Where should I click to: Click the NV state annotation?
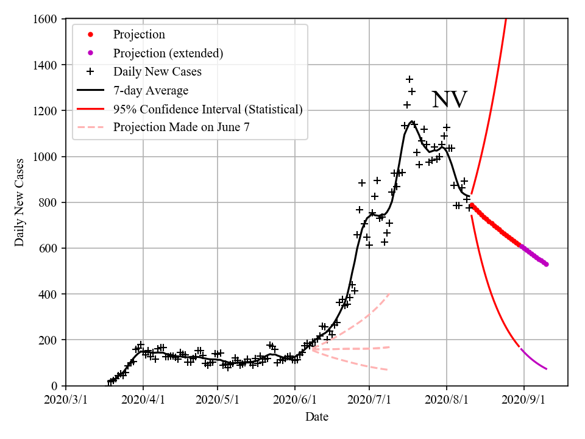[x=449, y=100]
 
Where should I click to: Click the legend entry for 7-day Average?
[x=151, y=91]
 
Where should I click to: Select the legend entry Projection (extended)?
[x=168, y=53]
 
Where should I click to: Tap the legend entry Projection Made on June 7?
[x=182, y=128]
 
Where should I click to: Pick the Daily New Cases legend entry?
[x=157, y=72]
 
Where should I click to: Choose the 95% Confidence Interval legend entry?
[x=207, y=110]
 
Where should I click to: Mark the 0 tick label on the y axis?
[x=55, y=386]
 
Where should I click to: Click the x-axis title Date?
[x=317, y=418]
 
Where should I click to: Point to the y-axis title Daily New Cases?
[x=20, y=202]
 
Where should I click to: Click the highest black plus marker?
[x=409, y=79]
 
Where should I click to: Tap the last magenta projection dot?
[x=546, y=264]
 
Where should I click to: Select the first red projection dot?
[x=472, y=205]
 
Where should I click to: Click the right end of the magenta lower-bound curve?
[x=546, y=369]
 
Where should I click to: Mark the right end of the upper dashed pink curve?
[x=389, y=294]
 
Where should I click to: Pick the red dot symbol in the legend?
[x=90, y=35]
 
